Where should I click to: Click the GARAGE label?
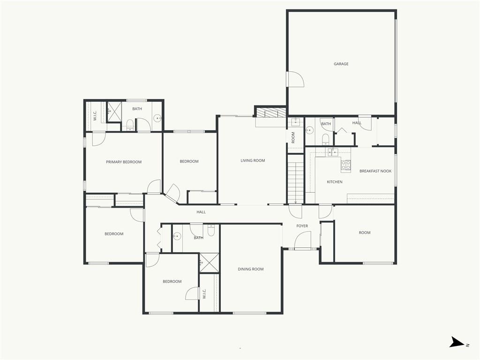341,64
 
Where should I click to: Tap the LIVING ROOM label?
253,160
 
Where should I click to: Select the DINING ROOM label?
251,269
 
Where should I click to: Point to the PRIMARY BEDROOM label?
124,162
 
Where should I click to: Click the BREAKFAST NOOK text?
375,171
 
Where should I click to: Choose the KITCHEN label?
335,182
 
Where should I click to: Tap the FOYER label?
302,226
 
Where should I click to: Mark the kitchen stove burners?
346,165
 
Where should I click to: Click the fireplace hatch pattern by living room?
271,112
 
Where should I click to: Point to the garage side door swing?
295,79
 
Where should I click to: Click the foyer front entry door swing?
303,240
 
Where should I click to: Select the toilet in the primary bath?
130,125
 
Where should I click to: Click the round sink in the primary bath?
157,118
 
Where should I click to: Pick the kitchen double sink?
332,152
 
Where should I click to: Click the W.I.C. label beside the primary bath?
95,115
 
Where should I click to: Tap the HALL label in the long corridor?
201,212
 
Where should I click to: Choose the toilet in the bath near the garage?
326,139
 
